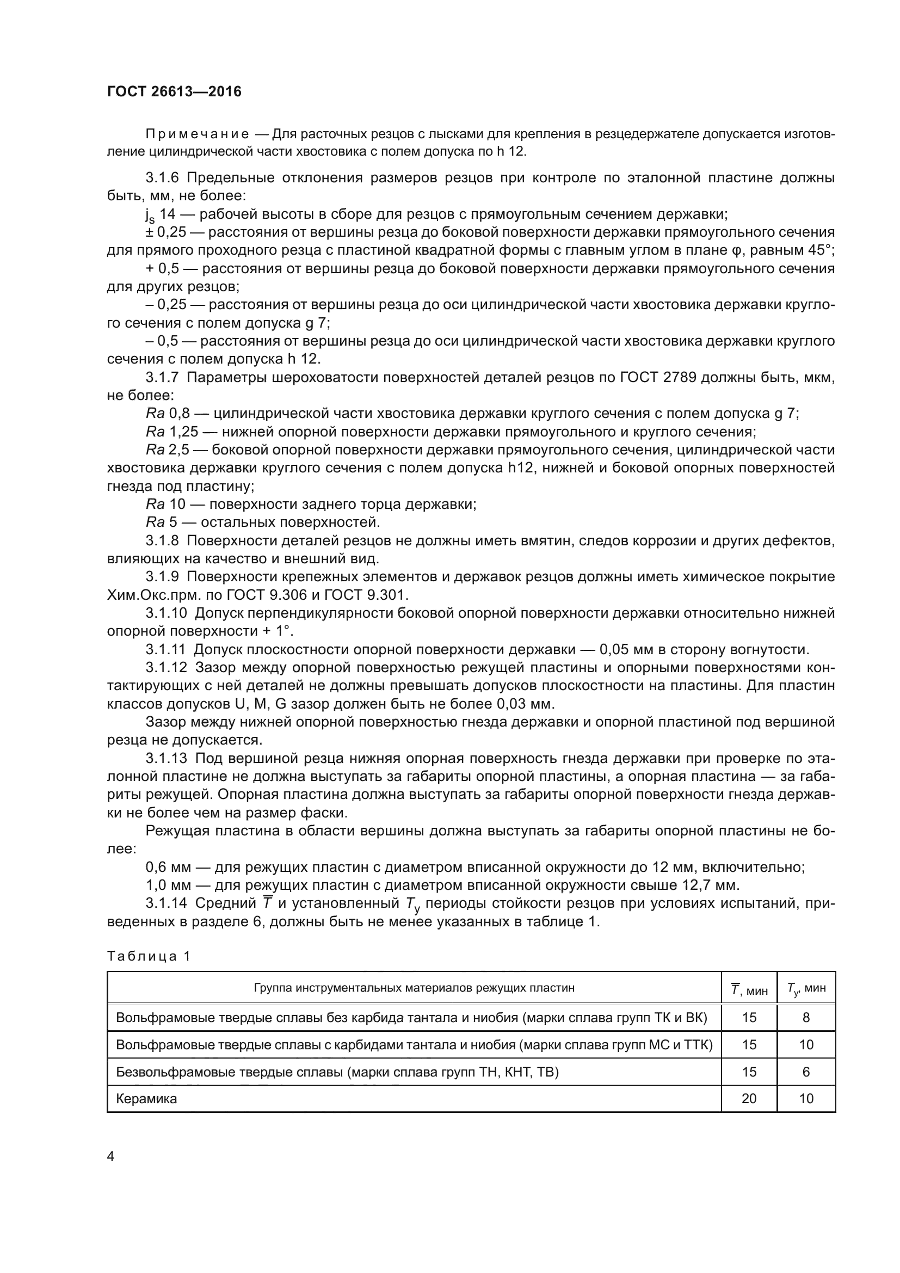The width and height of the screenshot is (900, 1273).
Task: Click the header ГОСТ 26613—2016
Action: [x=174, y=91]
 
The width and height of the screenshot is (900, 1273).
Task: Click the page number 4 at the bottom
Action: [x=110, y=1157]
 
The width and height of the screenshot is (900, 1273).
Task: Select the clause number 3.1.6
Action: [x=162, y=178]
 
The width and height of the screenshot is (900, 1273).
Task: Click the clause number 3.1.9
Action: [x=162, y=576]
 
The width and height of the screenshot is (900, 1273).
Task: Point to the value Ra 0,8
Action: [x=168, y=414]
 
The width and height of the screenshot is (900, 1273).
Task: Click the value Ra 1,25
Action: [x=172, y=432]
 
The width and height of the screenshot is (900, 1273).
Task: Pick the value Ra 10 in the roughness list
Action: [x=165, y=504]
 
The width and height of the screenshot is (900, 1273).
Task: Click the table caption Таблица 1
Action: [x=149, y=956]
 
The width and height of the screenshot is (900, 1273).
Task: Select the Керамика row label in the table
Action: [x=146, y=1098]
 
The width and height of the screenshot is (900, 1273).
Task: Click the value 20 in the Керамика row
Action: [x=749, y=1098]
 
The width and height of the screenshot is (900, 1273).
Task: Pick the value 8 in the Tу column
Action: [x=806, y=1017]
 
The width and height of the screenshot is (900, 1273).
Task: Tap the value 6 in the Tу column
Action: [x=806, y=1072]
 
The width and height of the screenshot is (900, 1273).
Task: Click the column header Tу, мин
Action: [x=806, y=988]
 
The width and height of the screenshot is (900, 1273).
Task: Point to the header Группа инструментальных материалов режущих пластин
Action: [x=414, y=987]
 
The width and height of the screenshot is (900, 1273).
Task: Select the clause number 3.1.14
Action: [x=167, y=903]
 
